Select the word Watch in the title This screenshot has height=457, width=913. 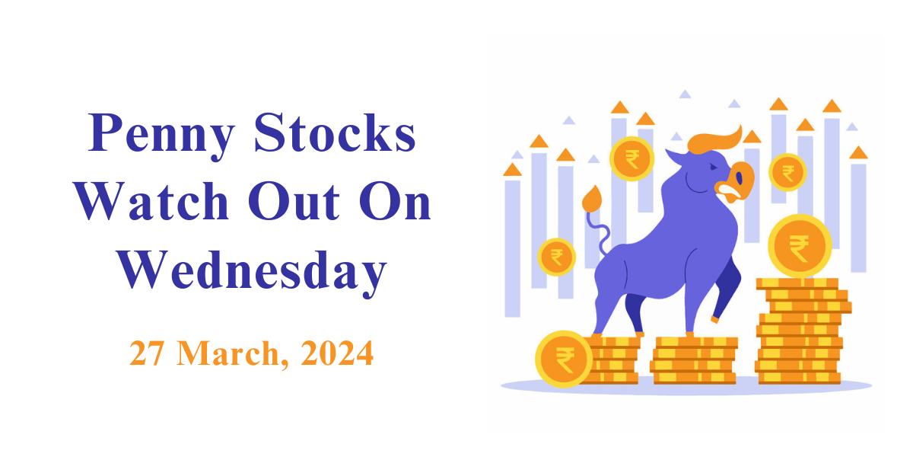151,201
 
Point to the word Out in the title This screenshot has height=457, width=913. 294,201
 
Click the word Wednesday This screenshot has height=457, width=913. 252,273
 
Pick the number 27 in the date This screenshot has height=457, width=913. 147,353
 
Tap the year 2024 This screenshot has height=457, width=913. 336,353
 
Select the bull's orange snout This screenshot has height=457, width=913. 736,182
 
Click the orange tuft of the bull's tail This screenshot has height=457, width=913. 592,199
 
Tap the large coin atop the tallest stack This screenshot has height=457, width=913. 800,245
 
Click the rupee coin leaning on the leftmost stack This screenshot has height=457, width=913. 564,359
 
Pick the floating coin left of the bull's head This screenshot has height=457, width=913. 631,158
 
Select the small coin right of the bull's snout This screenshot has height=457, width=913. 787,172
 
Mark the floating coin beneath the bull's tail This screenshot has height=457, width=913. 556,257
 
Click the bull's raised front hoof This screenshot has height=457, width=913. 715,319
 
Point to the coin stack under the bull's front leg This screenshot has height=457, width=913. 694,361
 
